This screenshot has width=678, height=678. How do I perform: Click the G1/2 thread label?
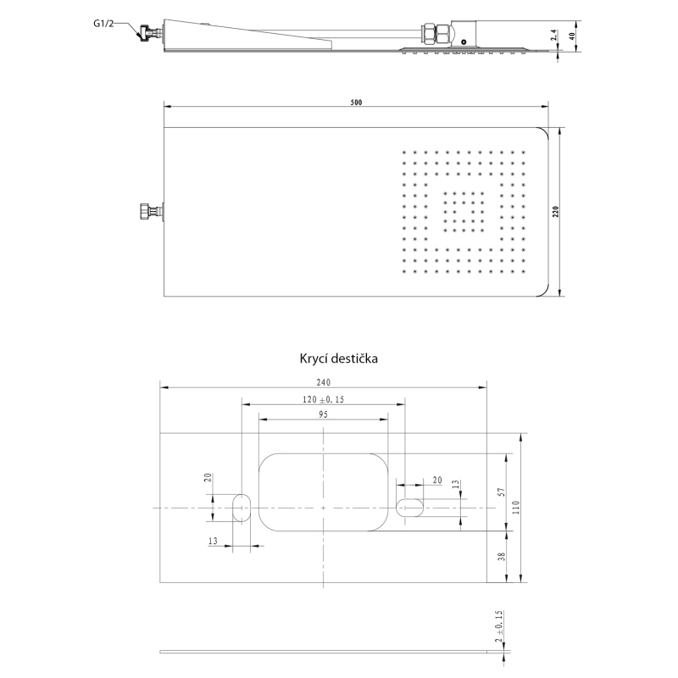pyautogui.click(x=103, y=24)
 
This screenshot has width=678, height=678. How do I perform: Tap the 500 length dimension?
pyautogui.click(x=356, y=103)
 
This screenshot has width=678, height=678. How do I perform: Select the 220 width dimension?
pyautogui.click(x=556, y=211)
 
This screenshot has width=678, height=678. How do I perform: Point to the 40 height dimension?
pyautogui.click(x=573, y=36)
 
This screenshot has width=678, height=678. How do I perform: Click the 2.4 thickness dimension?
pyautogui.click(x=555, y=36)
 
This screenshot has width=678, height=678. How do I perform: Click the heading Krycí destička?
pyautogui.click(x=338, y=358)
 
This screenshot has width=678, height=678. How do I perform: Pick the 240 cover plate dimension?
pyautogui.click(x=324, y=382)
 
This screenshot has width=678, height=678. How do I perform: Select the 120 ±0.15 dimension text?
pyautogui.click(x=324, y=399)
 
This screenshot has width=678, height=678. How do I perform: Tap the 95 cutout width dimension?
pyautogui.click(x=324, y=414)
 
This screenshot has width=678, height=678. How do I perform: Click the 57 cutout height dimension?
pyautogui.click(x=502, y=492)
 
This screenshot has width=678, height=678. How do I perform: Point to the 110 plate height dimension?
pyautogui.click(x=516, y=507)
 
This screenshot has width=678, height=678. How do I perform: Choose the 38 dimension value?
pyautogui.click(x=502, y=557)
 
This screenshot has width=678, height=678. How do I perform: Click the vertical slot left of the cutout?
pyautogui.click(x=242, y=508)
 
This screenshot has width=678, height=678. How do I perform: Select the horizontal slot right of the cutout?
pyautogui.click(x=409, y=508)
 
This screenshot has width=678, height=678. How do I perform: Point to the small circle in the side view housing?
pyautogui.click(x=464, y=42)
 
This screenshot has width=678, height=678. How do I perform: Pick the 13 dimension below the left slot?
pyautogui.click(x=213, y=541)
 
